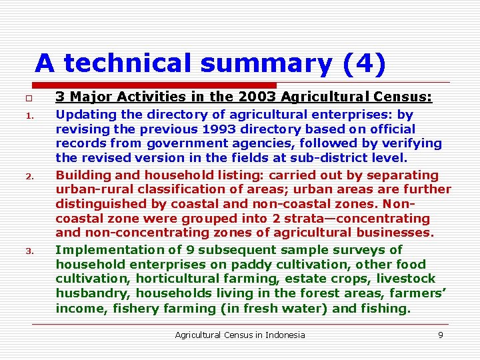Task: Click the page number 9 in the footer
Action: click(x=441, y=335)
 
